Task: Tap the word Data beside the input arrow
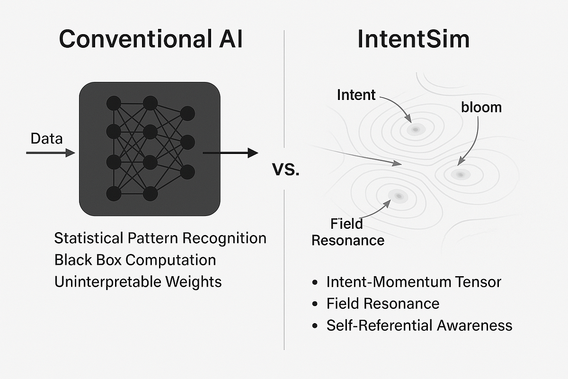coord(46,139)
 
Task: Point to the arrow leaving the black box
coord(230,153)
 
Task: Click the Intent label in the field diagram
coord(356,95)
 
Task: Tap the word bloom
coord(481,108)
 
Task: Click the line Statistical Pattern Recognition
coord(160,238)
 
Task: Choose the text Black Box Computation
coord(135,260)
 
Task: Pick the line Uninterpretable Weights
coord(138,281)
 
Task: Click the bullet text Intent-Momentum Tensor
coord(413,282)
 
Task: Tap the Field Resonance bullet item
coord(382,303)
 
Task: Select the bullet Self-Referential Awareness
coord(419,325)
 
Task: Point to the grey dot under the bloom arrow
coord(459,174)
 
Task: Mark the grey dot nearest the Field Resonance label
coord(398,195)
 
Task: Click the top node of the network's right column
coord(187,114)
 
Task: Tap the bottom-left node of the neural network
coord(114,193)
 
